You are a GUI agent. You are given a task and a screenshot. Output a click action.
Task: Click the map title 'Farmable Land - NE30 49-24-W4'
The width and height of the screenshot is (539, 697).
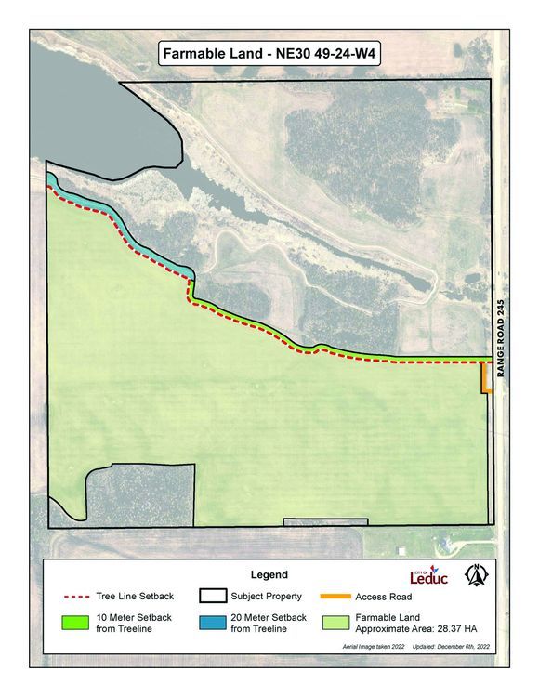point(269,54)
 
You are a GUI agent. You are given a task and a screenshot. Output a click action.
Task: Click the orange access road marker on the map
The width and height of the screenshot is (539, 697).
point(484,379)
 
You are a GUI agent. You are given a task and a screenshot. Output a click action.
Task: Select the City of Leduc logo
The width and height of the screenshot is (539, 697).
point(428,576)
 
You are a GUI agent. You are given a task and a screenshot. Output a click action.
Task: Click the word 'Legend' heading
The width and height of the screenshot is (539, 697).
point(269,575)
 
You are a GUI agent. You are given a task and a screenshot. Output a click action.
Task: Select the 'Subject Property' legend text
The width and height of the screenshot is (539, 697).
point(269,597)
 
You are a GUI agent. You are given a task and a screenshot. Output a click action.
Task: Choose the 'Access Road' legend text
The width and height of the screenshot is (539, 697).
point(383,597)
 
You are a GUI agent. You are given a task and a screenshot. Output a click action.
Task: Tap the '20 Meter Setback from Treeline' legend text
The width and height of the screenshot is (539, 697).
point(269,623)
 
